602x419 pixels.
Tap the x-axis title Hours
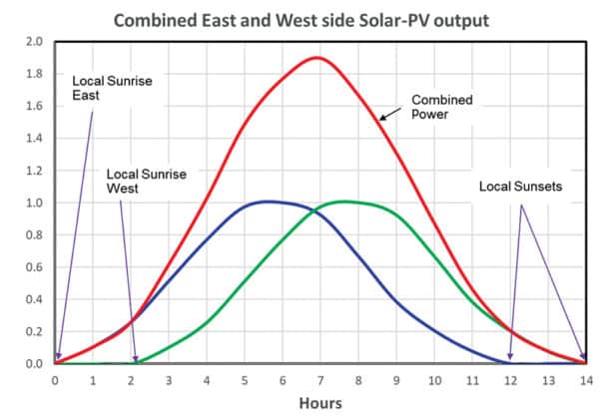point(320,403)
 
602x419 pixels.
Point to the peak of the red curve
point(317,58)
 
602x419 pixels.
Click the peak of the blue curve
point(268,202)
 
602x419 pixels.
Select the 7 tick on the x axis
point(319,379)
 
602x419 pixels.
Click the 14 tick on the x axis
point(585,379)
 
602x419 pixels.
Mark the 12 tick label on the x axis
point(510,379)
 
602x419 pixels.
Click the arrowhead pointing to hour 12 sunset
point(510,358)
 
